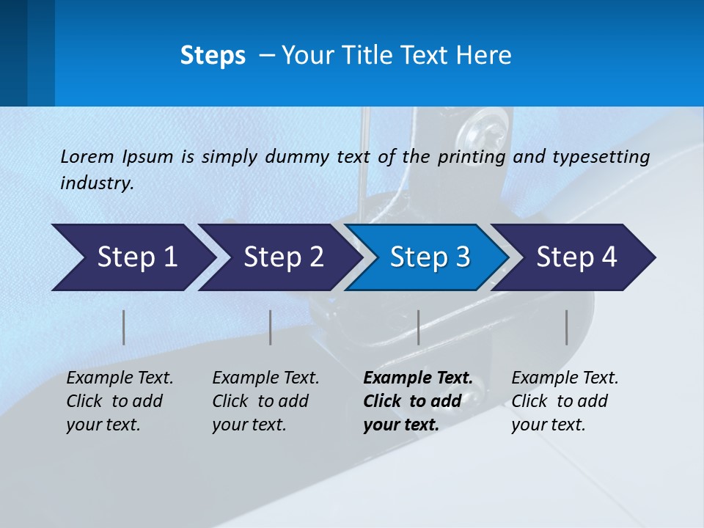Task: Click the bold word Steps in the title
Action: (x=213, y=55)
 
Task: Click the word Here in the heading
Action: (x=483, y=55)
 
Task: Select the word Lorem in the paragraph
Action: (x=87, y=156)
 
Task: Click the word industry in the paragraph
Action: (x=96, y=183)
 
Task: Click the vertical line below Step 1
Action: (x=124, y=327)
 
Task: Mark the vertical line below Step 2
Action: (x=271, y=327)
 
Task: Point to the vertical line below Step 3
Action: (x=418, y=327)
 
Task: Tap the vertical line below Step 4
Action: (x=566, y=327)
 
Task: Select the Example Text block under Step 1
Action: (x=120, y=401)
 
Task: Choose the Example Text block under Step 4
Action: (x=565, y=401)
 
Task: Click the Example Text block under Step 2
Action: (x=265, y=401)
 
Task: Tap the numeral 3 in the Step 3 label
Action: (x=463, y=257)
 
